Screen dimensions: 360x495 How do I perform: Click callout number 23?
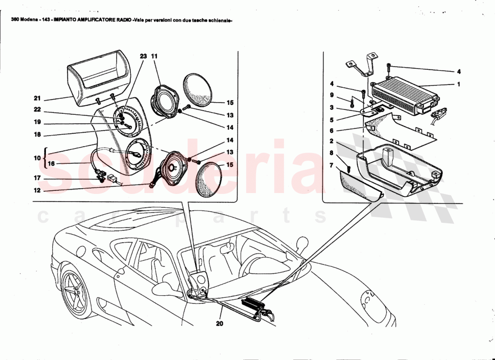point(143,57)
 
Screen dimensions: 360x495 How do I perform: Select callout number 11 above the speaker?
point(154,57)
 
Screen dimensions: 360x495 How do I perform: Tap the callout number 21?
point(37,99)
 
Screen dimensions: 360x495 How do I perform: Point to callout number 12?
point(37,190)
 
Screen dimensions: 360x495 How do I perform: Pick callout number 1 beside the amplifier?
point(459,84)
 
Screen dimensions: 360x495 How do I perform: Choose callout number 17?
point(37,178)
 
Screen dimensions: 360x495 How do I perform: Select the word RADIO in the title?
point(122,21)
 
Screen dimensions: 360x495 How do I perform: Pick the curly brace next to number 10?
point(45,157)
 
